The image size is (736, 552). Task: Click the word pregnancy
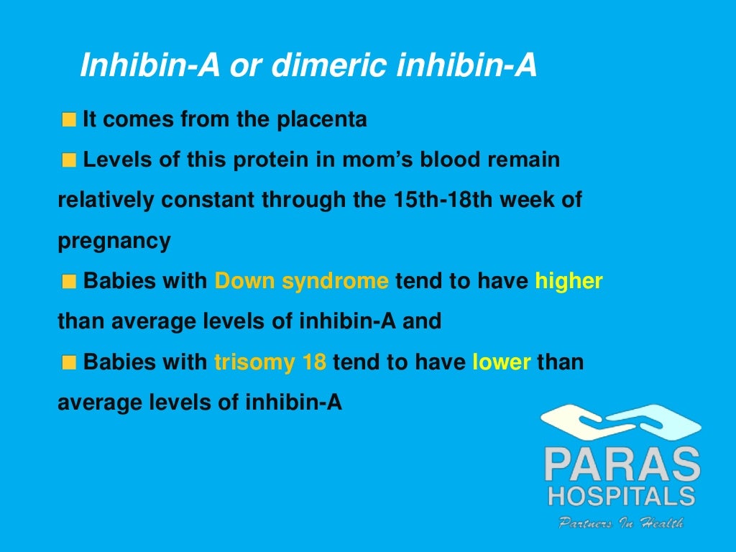114,241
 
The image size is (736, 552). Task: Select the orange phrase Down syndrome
301,281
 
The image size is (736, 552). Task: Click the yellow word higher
569,281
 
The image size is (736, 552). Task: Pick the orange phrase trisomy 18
270,362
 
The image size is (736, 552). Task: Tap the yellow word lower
502,362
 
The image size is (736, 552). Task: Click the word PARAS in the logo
621,466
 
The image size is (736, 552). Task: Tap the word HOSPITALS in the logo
621,497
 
